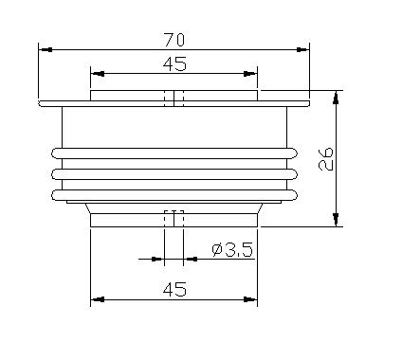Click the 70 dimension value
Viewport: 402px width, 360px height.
click(x=174, y=40)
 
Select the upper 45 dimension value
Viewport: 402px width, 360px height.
click(x=174, y=64)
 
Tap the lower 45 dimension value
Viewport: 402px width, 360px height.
click(x=174, y=289)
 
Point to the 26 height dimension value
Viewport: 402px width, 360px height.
click(x=326, y=158)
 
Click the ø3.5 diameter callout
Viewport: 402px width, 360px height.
click(x=232, y=250)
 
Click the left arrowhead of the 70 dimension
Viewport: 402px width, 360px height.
click(x=46, y=49)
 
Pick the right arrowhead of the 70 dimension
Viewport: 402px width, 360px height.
click(x=302, y=49)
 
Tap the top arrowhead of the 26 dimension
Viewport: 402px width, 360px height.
click(x=336, y=98)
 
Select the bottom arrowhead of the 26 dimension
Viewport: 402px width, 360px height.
click(x=336, y=220)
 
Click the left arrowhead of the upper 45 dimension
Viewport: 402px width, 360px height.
click(x=98, y=74)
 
